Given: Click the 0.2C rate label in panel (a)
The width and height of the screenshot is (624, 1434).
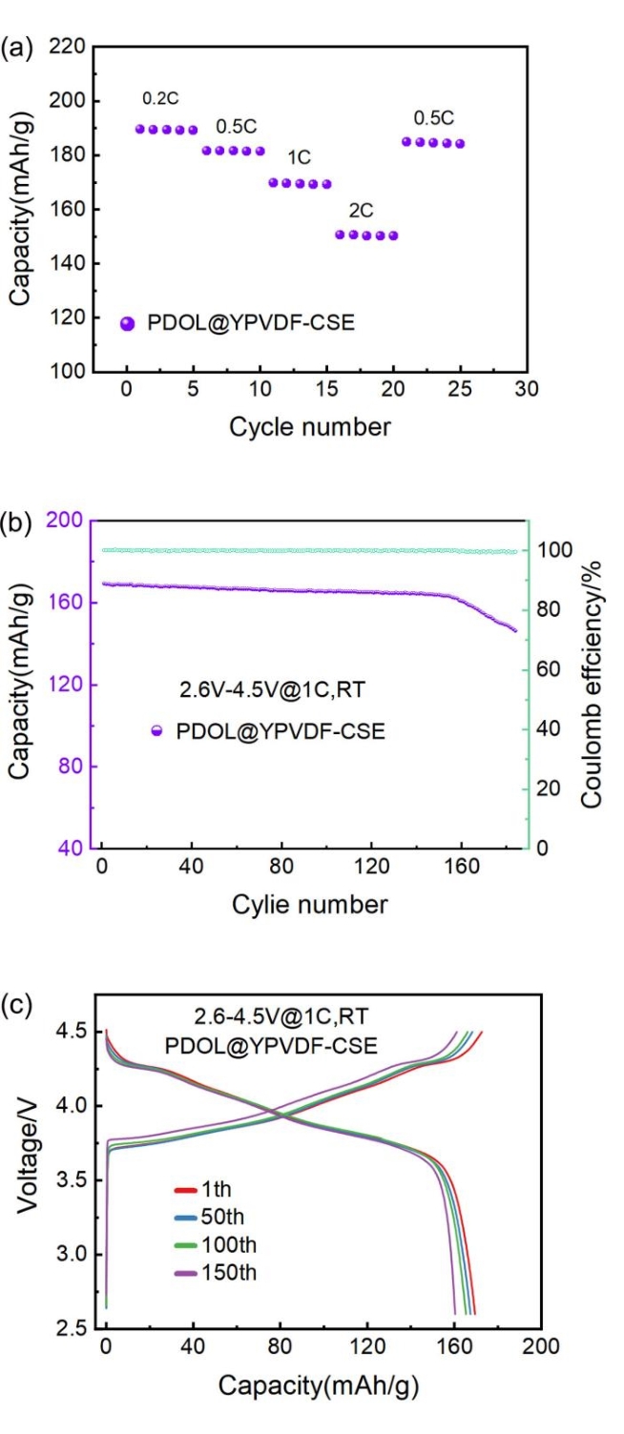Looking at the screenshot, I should pos(158,98).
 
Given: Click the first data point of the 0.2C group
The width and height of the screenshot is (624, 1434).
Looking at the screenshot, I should pos(139,129).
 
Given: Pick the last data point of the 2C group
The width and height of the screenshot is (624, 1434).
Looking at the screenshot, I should pos(393,236).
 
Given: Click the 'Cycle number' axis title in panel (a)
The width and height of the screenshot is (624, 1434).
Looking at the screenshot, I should pos(309,427).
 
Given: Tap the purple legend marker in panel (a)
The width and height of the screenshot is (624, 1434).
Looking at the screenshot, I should pos(128,323).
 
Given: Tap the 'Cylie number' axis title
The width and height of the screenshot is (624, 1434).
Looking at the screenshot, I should pos(310,903).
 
